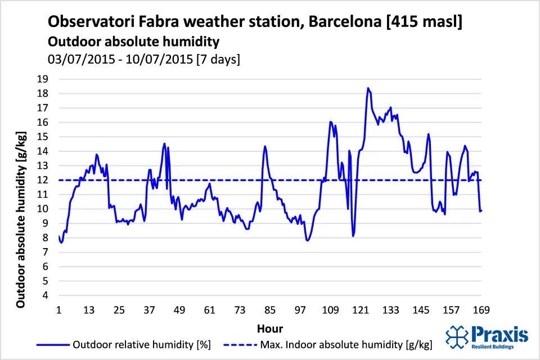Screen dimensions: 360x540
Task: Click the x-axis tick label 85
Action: [270, 310]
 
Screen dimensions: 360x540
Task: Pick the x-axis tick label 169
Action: [481, 310]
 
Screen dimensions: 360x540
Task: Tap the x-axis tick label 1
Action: [59, 310]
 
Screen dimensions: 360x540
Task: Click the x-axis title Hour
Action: [270, 328]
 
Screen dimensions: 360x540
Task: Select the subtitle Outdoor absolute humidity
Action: [133, 42]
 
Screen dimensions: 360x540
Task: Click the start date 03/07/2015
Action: [79, 59]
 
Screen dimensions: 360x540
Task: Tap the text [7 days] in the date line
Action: [217, 59]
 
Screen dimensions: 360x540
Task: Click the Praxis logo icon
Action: [456, 336]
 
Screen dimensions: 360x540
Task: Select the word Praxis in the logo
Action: [500, 334]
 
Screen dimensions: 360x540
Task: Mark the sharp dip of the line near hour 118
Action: [353, 236]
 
